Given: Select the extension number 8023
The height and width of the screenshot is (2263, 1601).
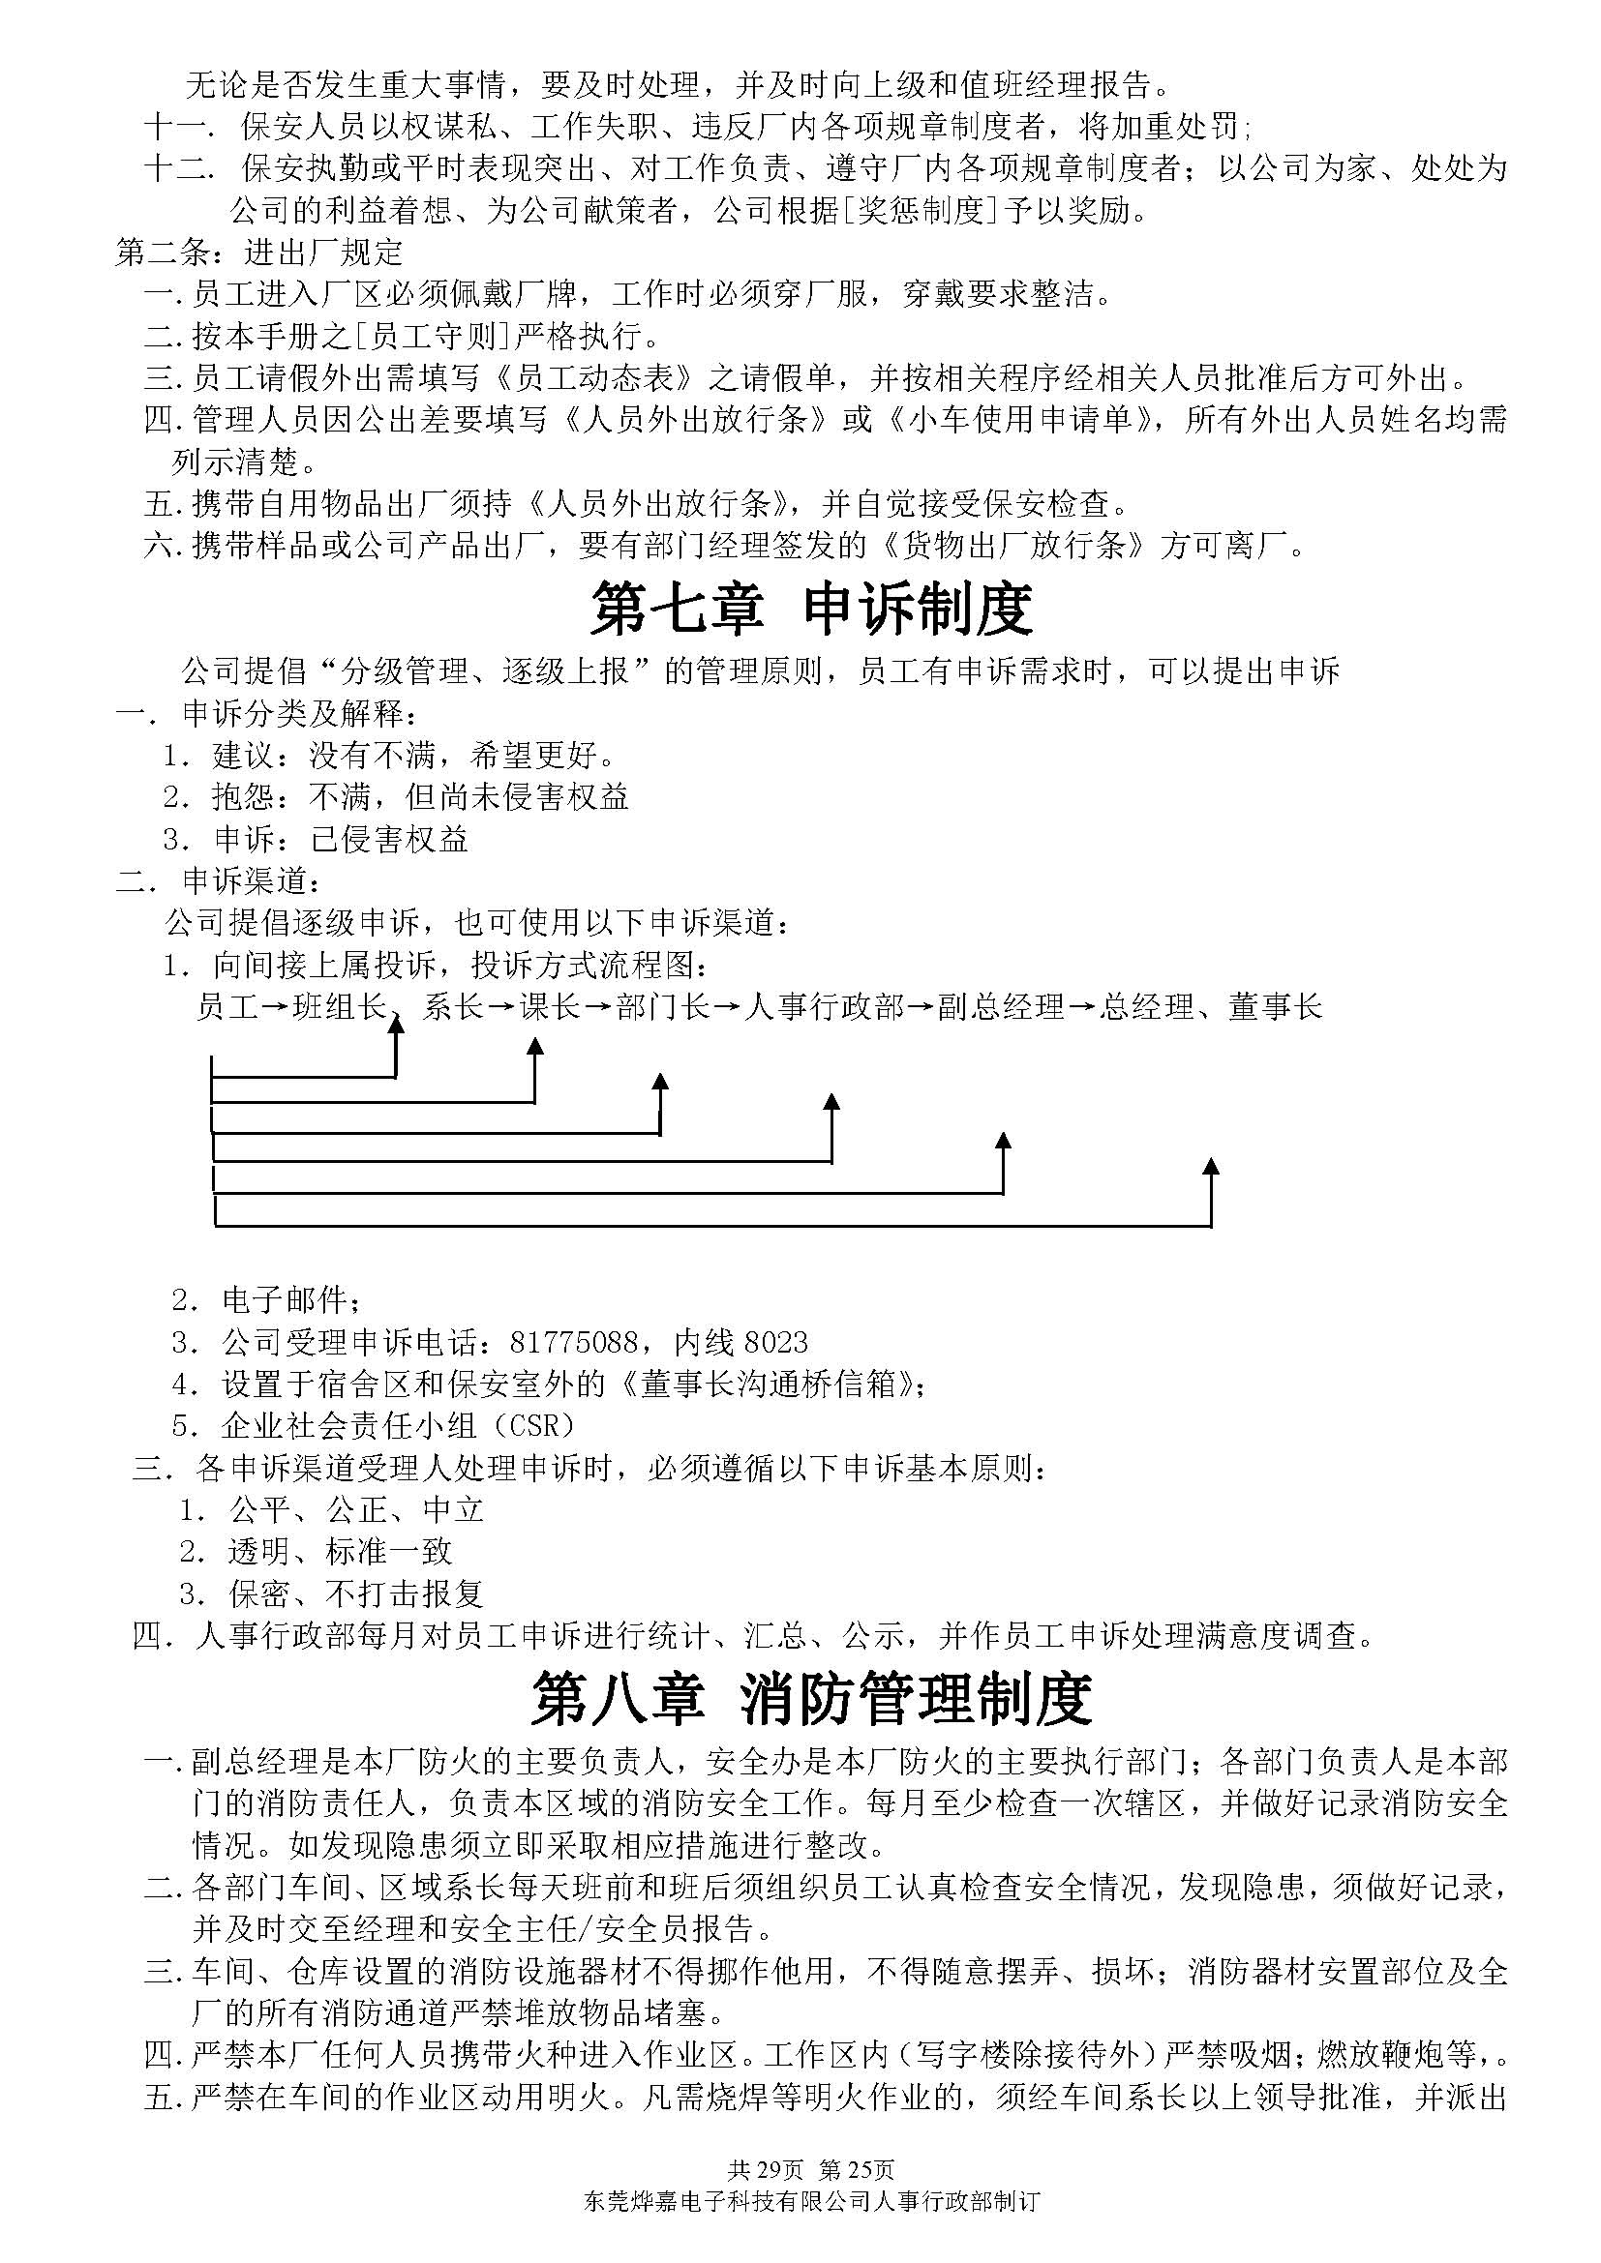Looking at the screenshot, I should pos(776,1343).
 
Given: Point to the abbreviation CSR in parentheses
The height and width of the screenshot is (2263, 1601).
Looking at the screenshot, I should pos(532,1425).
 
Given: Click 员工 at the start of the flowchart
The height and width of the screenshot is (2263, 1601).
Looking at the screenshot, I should pos(227,1006).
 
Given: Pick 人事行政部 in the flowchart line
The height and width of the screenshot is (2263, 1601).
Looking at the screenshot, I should pos(823,1006).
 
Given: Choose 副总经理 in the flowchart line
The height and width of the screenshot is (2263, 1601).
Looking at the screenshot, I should pos(1001,1006).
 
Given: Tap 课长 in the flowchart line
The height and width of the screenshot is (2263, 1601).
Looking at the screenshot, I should pos(551,1006).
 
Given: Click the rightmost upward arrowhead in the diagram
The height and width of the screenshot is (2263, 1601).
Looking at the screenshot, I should pos(1212,1167).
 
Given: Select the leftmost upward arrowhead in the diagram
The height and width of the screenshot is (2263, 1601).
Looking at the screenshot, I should pos(396,1026).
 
